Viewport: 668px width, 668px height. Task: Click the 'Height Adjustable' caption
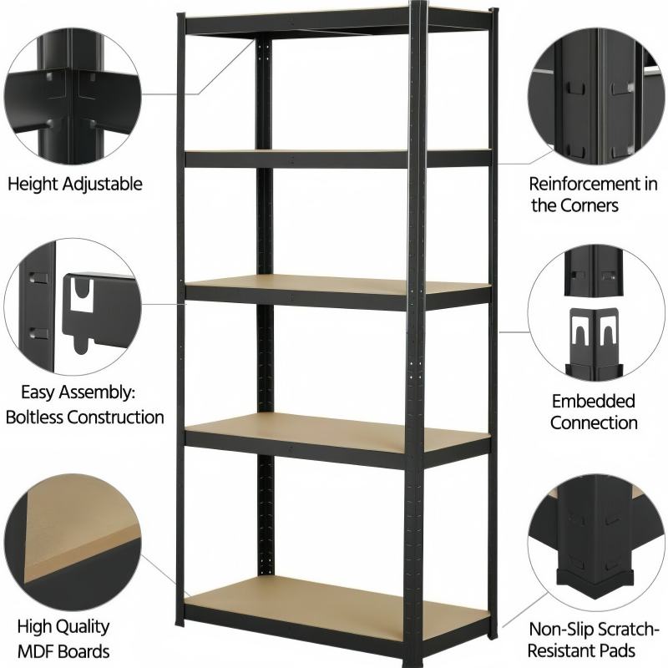coord(75,184)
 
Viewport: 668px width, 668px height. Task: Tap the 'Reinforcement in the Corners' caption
coord(593,194)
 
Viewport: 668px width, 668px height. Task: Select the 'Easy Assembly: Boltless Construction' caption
coord(85,403)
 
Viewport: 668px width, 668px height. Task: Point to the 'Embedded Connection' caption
coord(593,412)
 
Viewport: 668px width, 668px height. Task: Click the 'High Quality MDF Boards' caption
coord(65,638)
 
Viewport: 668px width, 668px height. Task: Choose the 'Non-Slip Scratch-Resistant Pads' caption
coord(595,639)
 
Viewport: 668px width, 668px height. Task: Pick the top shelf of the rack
coord(334,18)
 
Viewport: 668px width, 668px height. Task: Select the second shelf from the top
coord(334,156)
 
